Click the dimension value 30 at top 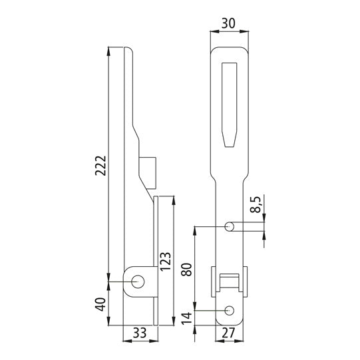click(228, 23)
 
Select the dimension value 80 click(187, 269)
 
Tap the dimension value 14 click(187, 318)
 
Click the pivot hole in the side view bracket click(138, 281)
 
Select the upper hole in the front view click(230, 226)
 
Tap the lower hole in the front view click(230, 310)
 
